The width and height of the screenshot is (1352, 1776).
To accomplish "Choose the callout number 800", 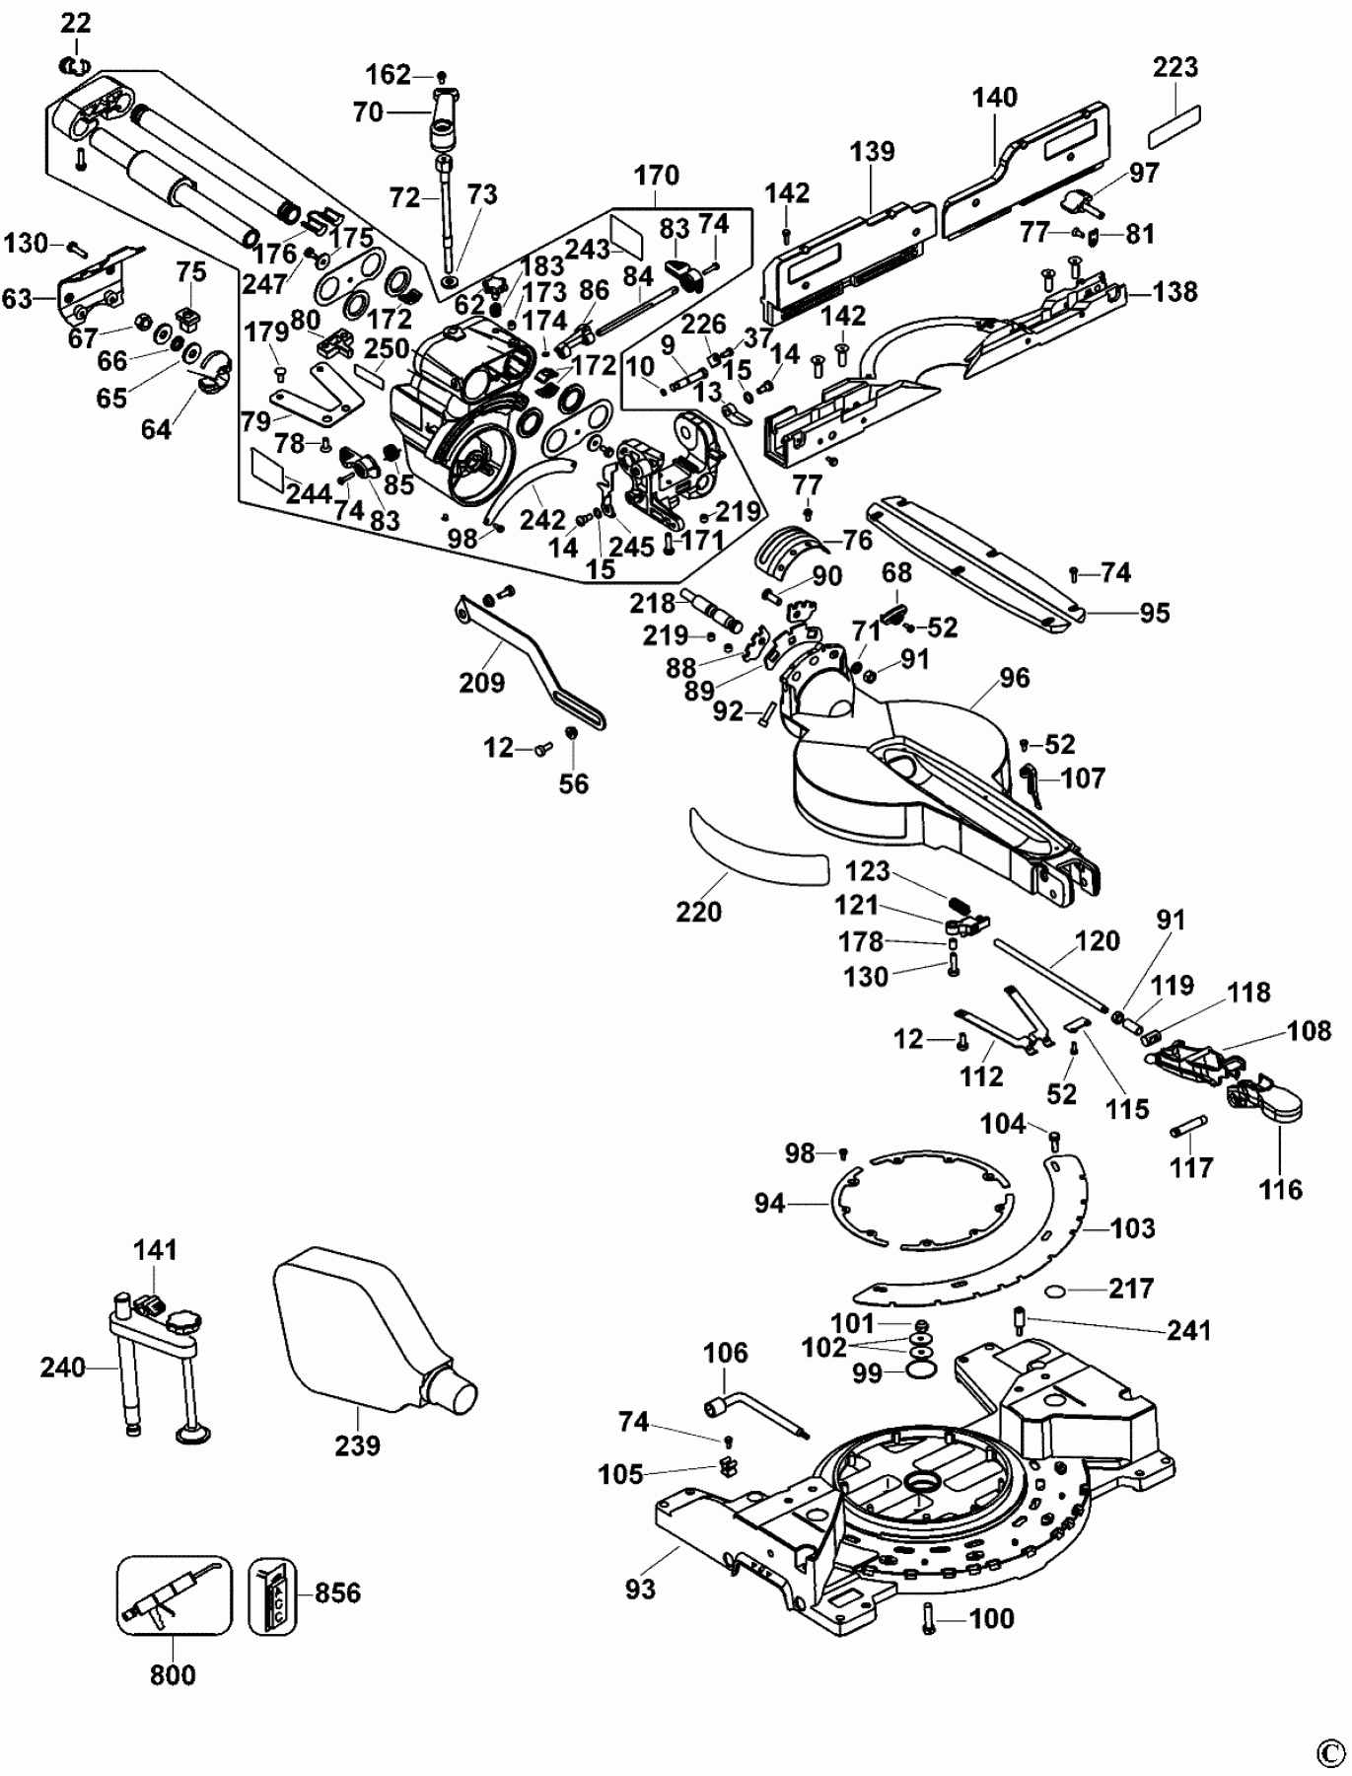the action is click(x=174, y=1674).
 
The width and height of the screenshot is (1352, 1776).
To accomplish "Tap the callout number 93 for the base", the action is click(x=640, y=1589).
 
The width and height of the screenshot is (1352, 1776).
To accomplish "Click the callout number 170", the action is click(x=657, y=175).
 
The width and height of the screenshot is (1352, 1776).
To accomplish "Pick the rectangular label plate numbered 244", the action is click(x=277, y=466).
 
